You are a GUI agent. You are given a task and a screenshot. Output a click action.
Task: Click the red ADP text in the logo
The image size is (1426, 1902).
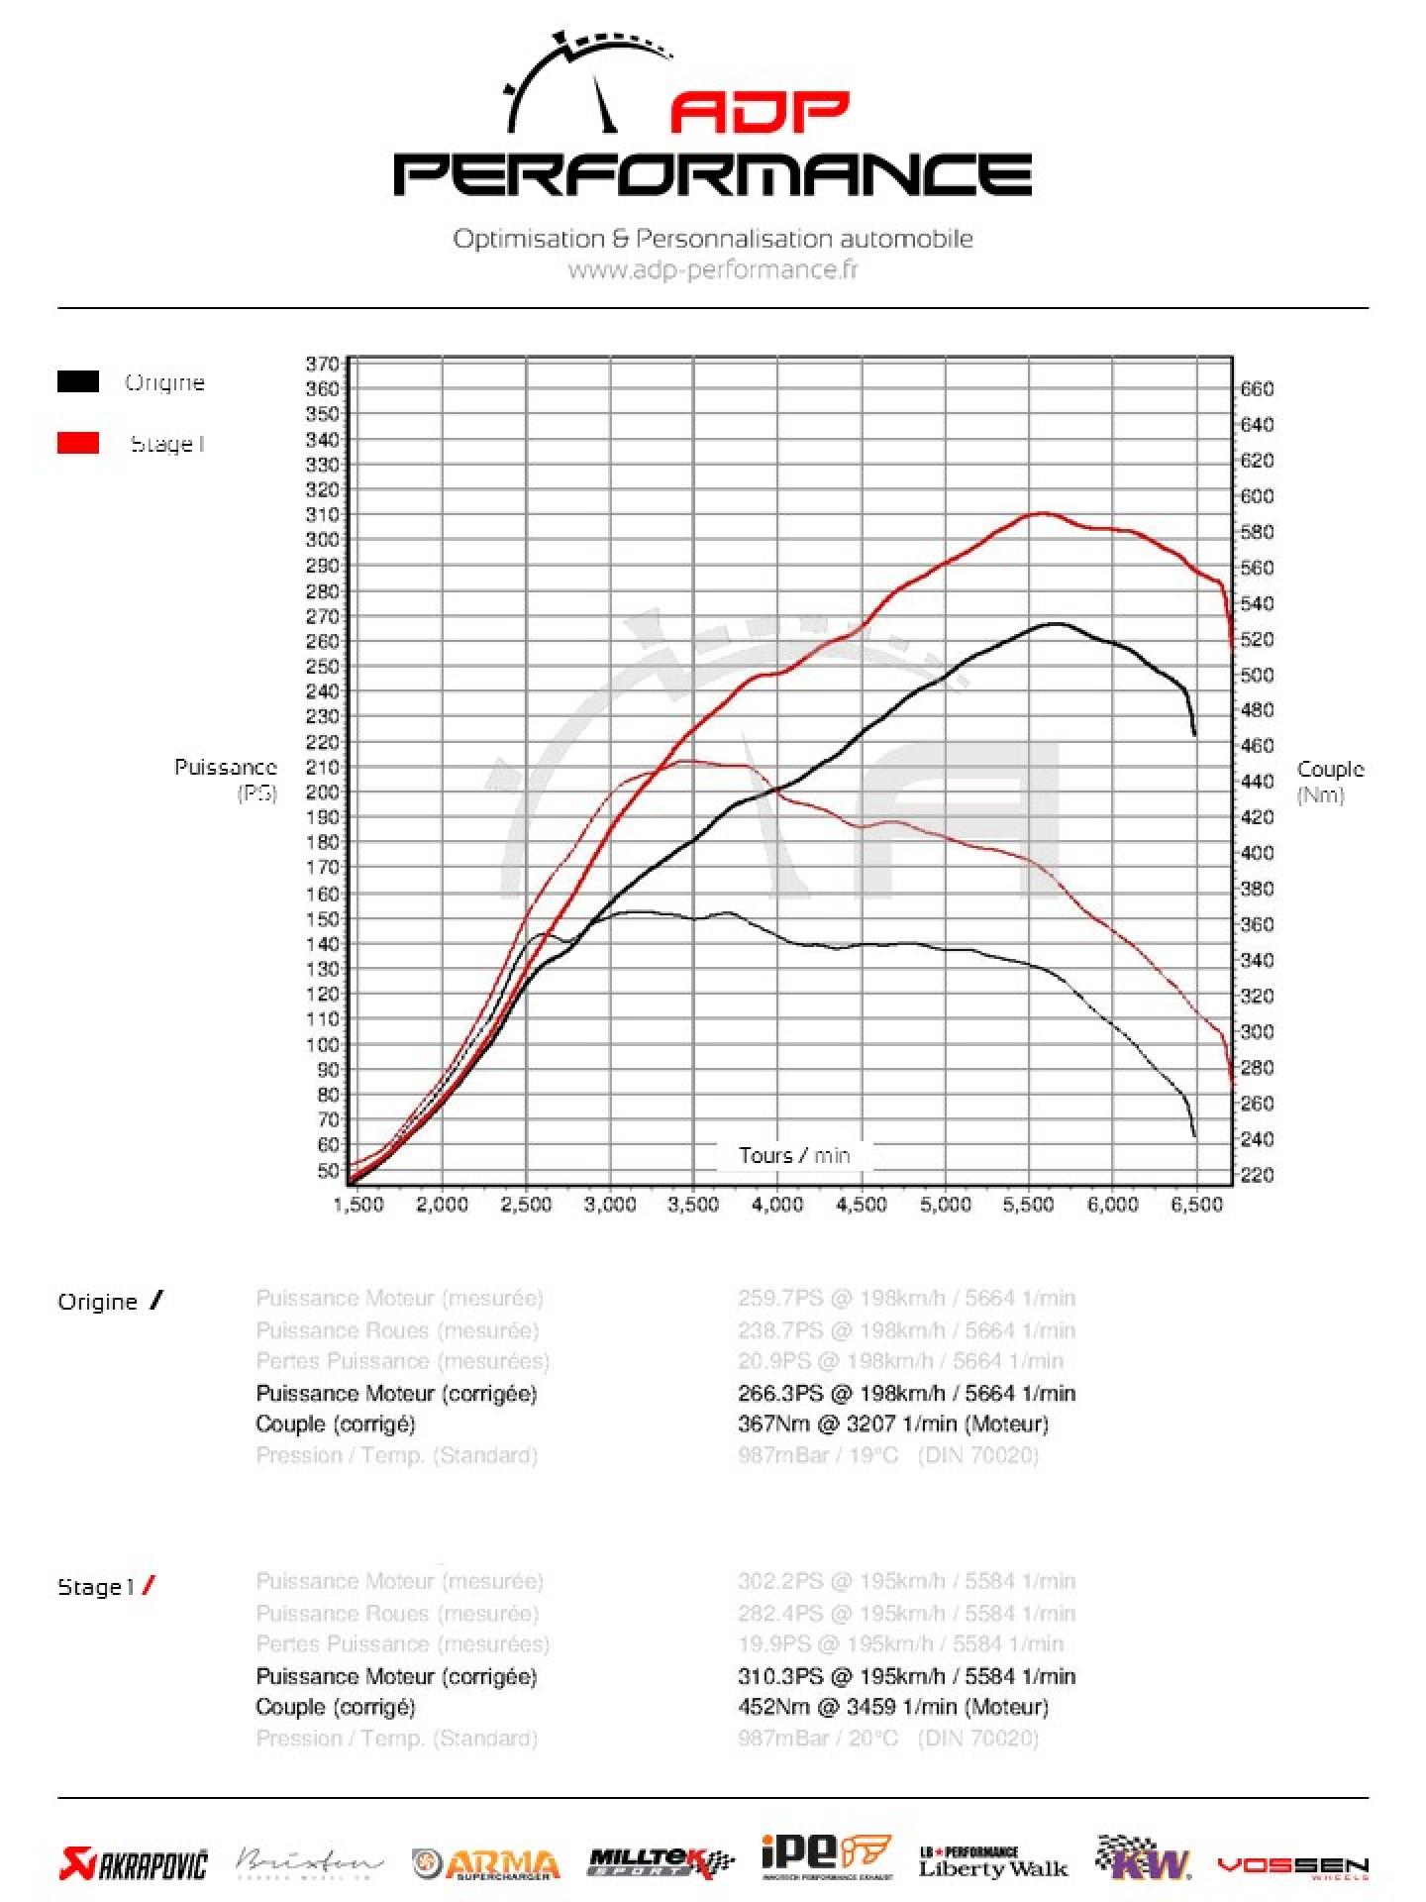click(760, 112)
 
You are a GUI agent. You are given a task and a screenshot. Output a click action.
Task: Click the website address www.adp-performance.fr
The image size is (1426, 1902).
click(713, 269)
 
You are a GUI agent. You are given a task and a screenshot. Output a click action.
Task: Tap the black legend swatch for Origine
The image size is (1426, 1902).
click(78, 381)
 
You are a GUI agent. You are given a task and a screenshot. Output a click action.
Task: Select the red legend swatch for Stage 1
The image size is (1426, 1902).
click(78, 443)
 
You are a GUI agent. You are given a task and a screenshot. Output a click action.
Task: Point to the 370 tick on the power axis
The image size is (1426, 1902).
click(322, 364)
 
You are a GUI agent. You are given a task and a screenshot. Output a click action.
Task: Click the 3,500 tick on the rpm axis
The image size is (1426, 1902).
click(693, 1205)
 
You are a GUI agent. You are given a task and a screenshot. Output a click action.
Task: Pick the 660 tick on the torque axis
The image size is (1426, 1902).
click(1257, 389)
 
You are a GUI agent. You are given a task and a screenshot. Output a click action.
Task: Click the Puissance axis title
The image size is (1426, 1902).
click(225, 767)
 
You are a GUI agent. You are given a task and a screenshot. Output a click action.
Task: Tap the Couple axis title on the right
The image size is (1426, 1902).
click(1330, 770)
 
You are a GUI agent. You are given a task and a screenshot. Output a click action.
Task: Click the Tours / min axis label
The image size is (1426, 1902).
click(793, 1155)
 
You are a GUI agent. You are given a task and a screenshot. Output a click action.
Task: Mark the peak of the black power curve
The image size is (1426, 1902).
click(1056, 623)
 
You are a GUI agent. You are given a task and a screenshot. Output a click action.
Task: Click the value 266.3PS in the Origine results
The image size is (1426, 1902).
click(780, 1393)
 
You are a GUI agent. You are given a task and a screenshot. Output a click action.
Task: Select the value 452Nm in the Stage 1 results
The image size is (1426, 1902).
click(770, 1707)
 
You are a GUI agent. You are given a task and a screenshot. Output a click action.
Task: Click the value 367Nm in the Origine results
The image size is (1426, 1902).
click(770, 1424)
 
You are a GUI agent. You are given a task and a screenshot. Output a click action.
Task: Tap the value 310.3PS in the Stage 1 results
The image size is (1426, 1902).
click(780, 1676)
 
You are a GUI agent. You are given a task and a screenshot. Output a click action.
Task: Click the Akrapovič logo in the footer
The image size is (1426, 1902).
click(134, 1863)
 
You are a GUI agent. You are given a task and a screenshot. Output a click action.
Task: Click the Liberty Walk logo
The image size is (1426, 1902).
click(992, 1863)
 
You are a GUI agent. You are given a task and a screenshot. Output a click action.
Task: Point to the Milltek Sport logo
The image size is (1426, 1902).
click(661, 1863)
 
